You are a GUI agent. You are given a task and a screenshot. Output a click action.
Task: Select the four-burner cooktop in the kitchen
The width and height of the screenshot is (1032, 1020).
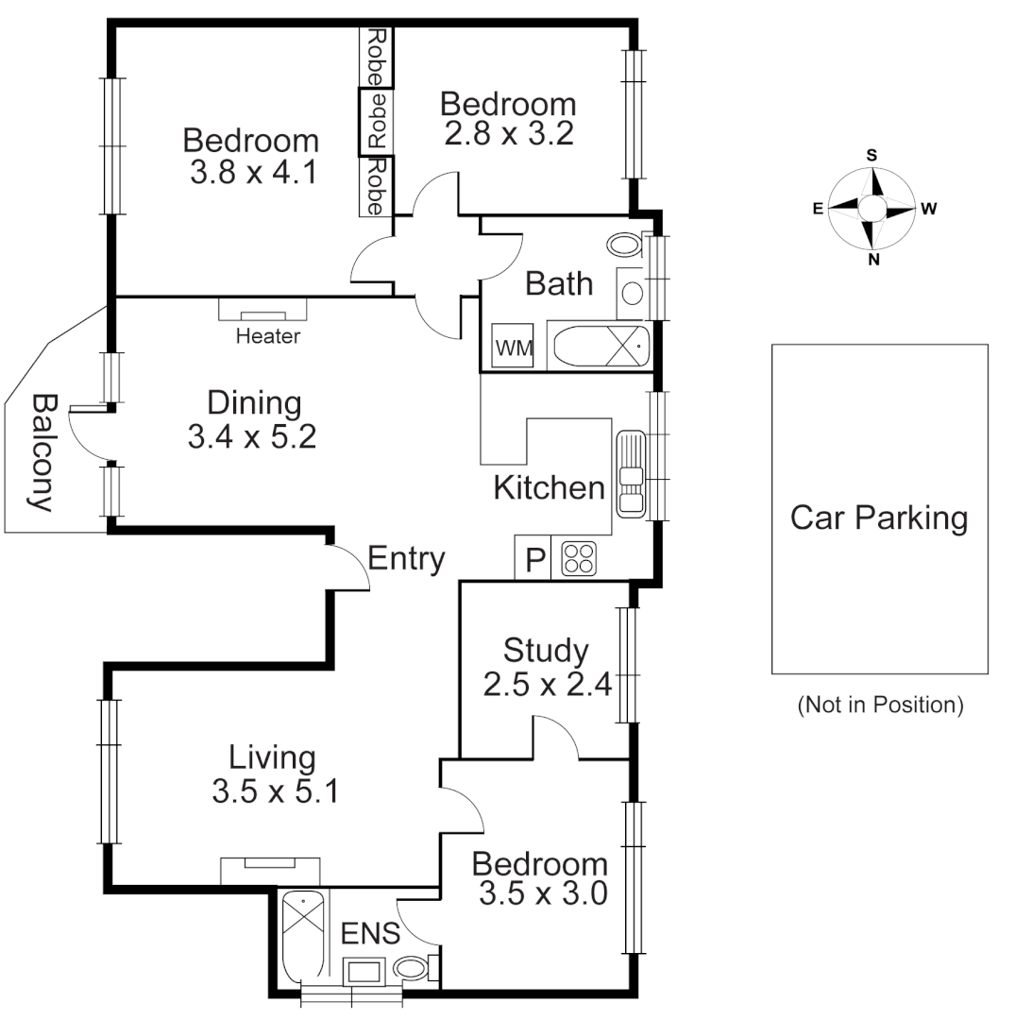pos(579,559)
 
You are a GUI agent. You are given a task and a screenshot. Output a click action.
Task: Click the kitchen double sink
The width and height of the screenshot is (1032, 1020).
pos(631,474)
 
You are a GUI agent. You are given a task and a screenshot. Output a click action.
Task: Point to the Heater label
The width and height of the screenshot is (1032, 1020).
pos(268,336)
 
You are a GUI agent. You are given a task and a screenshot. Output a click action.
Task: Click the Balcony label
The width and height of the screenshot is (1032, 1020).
pos(40,453)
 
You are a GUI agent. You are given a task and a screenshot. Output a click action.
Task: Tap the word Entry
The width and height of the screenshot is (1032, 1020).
pos(406,559)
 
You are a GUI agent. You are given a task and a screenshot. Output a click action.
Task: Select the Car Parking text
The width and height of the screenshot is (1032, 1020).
pos(879,518)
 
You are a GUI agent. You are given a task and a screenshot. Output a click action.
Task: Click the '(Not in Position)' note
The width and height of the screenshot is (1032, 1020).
pos(880,705)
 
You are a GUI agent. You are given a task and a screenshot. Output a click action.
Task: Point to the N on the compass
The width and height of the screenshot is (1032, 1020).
pos(873,260)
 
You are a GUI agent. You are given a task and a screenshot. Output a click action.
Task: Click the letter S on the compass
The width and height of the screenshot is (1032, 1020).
pos(872,156)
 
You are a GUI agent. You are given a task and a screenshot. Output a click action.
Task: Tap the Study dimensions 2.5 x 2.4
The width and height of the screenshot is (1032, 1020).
pos(548,683)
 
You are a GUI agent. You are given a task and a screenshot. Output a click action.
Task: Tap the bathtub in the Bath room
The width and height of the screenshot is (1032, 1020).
pos(601,346)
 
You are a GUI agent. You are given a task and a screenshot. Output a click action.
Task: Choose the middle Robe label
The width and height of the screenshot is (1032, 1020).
pos(376,121)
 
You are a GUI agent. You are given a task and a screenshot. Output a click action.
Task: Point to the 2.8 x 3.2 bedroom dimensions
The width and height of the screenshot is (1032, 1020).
pos(508,133)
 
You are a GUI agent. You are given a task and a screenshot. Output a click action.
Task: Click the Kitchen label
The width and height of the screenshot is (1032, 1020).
pos(549,488)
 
